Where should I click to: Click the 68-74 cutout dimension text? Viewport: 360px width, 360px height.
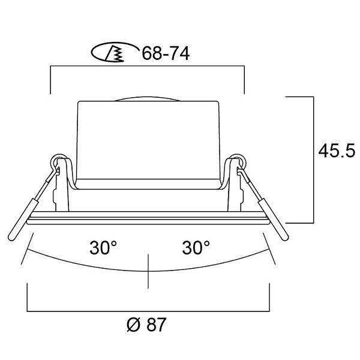tap(166, 53)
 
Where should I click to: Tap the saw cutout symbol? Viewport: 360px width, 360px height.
tap(114, 52)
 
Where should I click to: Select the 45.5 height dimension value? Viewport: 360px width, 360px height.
tap(337, 151)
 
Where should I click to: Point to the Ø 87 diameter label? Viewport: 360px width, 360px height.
tap(146, 325)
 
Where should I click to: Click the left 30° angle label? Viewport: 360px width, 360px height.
tap(103, 247)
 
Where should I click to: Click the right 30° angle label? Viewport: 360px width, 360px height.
tap(196, 247)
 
